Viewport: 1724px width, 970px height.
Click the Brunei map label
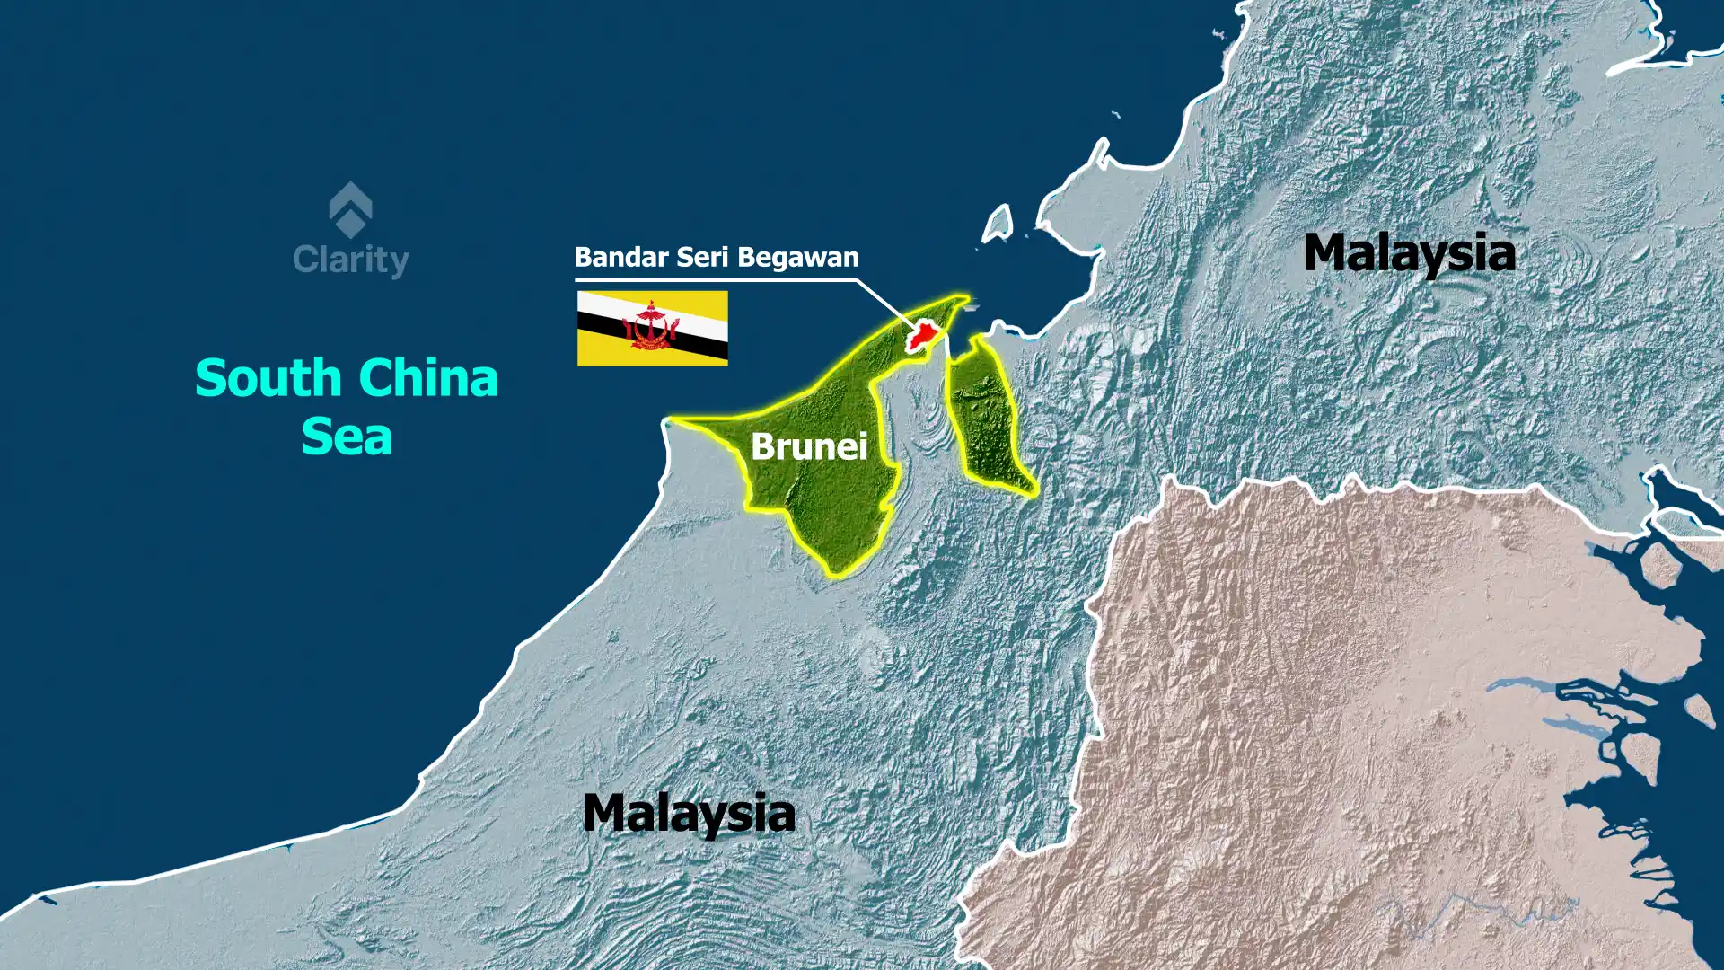pos(809,446)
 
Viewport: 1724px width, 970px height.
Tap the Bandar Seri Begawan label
pos(717,258)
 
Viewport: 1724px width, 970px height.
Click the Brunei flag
pos(652,328)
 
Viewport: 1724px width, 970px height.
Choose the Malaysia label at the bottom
pos(689,813)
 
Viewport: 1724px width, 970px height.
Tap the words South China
pos(347,378)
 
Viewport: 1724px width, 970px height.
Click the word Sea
pos(347,437)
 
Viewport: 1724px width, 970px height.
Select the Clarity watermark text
pos(350,260)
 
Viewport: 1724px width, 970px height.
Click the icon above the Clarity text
pos(350,209)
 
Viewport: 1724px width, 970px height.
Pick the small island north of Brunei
pos(998,225)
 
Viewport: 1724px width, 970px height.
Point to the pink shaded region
pos(1347,719)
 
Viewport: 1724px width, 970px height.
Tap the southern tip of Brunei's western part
pos(836,569)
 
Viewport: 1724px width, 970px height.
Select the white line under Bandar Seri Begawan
pos(718,280)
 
